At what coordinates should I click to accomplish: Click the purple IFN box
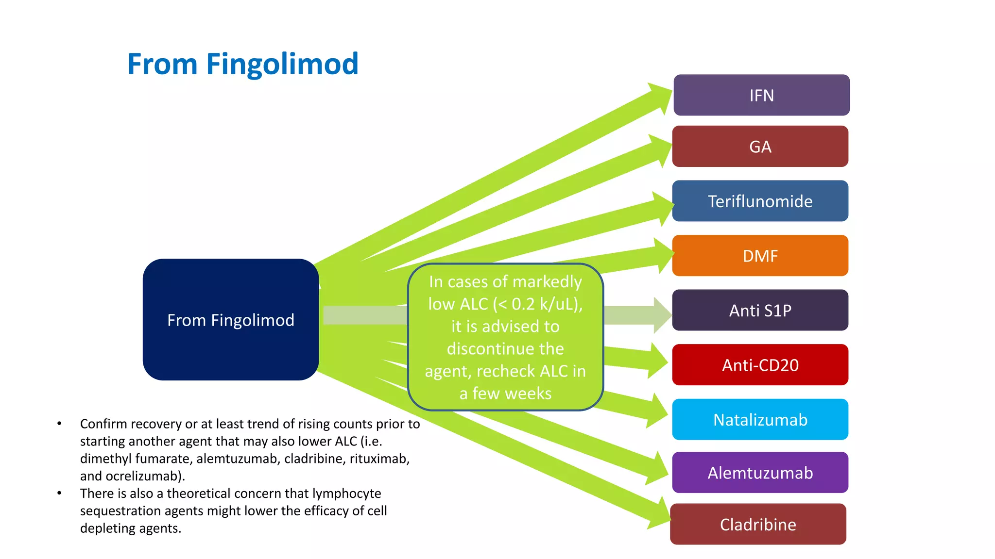point(761,95)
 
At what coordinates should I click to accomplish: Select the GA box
point(760,147)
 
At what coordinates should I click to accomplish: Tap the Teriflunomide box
point(760,201)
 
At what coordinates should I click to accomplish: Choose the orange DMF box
point(760,256)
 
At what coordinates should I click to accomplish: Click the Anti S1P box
point(760,310)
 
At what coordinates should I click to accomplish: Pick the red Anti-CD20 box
point(760,365)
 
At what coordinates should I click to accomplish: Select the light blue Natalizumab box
point(760,419)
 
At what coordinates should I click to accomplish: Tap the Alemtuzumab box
point(760,473)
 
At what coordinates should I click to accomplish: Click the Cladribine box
point(758,524)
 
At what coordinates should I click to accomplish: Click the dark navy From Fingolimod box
point(231,320)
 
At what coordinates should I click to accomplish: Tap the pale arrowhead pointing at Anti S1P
point(662,315)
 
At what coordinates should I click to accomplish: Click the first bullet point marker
point(59,424)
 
